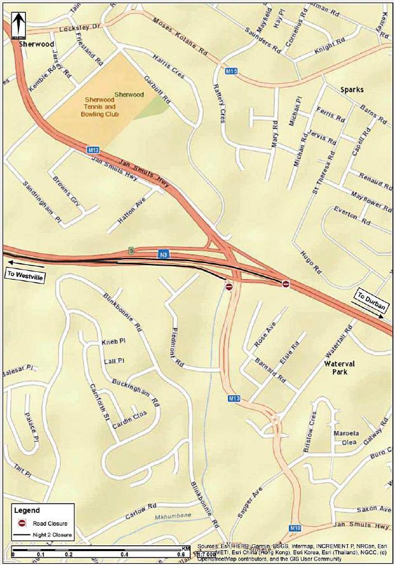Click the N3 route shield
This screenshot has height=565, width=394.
pos(163,255)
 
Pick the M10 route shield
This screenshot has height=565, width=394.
pos(295,528)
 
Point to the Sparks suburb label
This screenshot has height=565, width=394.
pos(351,90)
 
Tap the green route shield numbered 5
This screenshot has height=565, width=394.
pos(130,248)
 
